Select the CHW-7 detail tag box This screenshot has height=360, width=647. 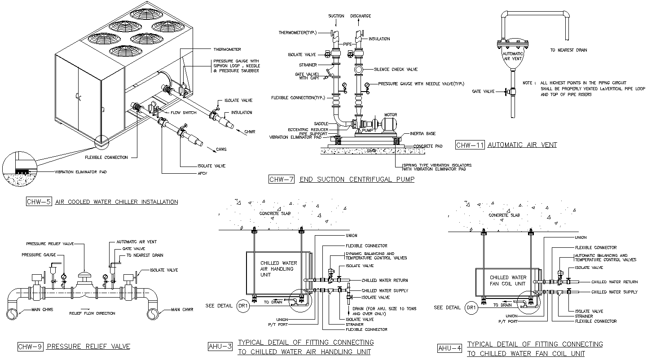pyautogui.click(x=281, y=180)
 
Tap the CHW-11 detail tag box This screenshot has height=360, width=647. pyautogui.click(x=469, y=145)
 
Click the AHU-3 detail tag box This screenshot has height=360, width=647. pyautogui.click(x=220, y=346)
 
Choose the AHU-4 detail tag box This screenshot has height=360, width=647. pyautogui.click(x=450, y=348)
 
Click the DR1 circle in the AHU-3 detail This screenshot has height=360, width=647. pyautogui.click(x=242, y=306)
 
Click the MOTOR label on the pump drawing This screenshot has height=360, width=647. pyautogui.click(x=390, y=115)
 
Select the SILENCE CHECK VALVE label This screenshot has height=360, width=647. pyautogui.click(x=396, y=70)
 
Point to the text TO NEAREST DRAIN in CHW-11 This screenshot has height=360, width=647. pyautogui.click(x=568, y=50)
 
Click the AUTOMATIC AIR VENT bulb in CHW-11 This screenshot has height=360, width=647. pyautogui.click(x=511, y=57)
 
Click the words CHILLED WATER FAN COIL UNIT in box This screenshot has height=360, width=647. pyautogui.click(x=508, y=281)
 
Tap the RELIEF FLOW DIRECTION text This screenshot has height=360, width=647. pyautogui.click(x=92, y=313)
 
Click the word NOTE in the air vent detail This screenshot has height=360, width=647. pyautogui.click(x=528, y=83)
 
